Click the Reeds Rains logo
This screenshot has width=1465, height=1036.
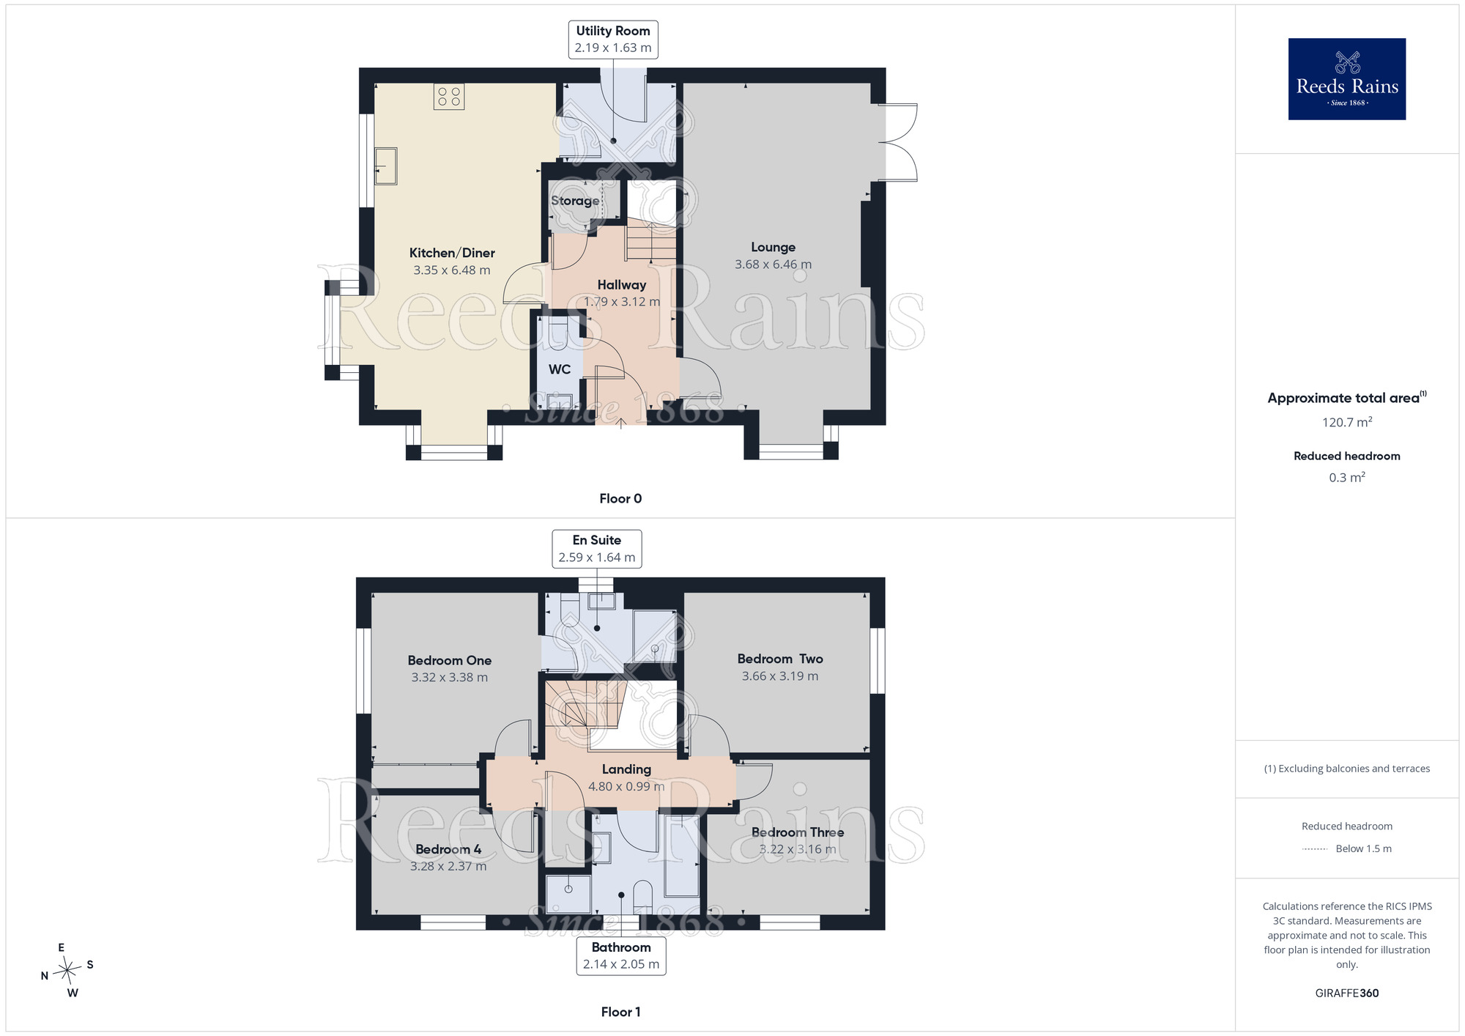[1347, 79]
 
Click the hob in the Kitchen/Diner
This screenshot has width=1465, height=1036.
[449, 97]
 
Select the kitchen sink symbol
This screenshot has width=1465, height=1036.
[386, 166]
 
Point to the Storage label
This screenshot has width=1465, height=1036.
[575, 201]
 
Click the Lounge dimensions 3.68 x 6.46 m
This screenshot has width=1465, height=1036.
[774, 264]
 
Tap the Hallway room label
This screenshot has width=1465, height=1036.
[622, 285]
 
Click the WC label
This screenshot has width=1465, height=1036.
[560, 369]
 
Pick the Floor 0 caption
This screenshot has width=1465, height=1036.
[620, 499]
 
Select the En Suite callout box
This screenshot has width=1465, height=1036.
[597, 549]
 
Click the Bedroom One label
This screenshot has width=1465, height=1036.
[450, 661]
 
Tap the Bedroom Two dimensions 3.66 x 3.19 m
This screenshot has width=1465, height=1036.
[780, 676]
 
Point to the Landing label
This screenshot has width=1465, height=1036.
[626, 769]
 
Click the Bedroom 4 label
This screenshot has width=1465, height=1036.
[448, 849]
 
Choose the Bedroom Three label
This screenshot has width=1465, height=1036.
[798, 832]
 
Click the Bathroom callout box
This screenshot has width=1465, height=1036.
[621, 955]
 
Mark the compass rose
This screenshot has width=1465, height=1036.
[67, 971]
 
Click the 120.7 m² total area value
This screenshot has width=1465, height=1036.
[1347, 422]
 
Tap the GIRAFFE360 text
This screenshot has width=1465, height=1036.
[1347, 994]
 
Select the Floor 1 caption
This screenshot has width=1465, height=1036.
[620, 1012]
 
